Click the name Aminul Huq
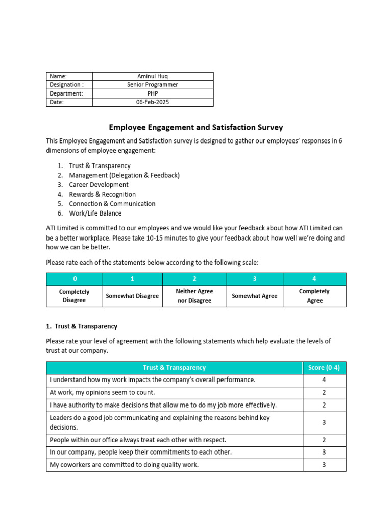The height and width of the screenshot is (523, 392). [153, 76]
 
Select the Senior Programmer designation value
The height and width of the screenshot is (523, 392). [153, 85]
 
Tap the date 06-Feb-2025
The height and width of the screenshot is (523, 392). [153, 102]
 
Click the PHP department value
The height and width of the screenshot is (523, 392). [153, 93]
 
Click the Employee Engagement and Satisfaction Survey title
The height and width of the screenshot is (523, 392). [195, 127]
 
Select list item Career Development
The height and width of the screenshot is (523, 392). [99, 185]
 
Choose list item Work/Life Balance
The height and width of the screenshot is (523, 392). [95, 213]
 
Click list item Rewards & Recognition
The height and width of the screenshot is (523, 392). [102, 194]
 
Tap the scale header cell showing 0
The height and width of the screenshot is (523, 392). [75, 279]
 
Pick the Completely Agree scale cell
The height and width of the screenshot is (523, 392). [314, 296]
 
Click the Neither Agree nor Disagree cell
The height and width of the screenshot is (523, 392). [194, 296]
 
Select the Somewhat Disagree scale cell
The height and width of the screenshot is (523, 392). [132, 296]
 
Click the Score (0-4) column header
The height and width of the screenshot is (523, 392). [324, 368]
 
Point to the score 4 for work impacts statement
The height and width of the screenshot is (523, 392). [324, 380]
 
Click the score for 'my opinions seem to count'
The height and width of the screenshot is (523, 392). [324, 393]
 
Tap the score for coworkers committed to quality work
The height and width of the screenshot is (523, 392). [324, 465]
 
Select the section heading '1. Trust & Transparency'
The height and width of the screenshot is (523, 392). [82, 326]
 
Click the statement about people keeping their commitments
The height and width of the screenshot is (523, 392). [140, 452]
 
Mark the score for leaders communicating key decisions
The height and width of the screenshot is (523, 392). [324, 422]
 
